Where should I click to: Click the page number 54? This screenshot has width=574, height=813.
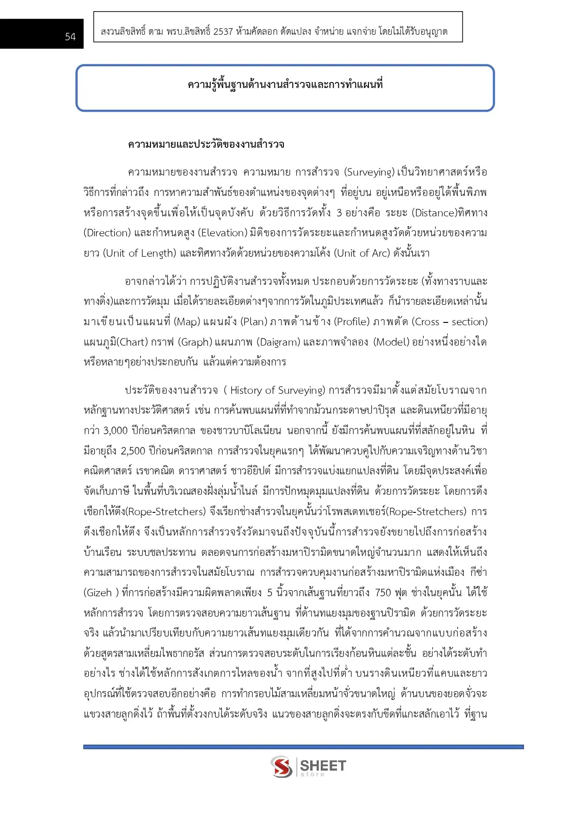click(x=70, y=37)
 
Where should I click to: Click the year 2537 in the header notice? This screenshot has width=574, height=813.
click(x=223, y=32)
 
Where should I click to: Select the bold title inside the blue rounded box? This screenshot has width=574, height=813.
click(x=285, y=84)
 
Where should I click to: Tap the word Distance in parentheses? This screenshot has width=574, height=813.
click(x=435, y=213)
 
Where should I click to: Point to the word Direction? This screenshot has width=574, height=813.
click(x=107, y=233)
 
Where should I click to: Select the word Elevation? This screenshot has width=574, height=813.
click(x=223, y=233)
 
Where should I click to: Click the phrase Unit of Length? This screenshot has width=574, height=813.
click(x=141, y=253)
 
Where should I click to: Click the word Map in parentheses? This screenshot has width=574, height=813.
click(x=187, y=322)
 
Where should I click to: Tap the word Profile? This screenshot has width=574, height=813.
click(x=352, y=322)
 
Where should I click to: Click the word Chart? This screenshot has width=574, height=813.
click(x=133, y=342)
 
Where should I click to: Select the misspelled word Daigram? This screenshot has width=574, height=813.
click(x=279, y=342)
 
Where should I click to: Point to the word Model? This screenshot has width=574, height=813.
click(x=392, y=342)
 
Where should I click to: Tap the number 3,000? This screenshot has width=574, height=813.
click(x=115, y=431)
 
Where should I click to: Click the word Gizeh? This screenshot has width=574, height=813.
click(x=100, y=593)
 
